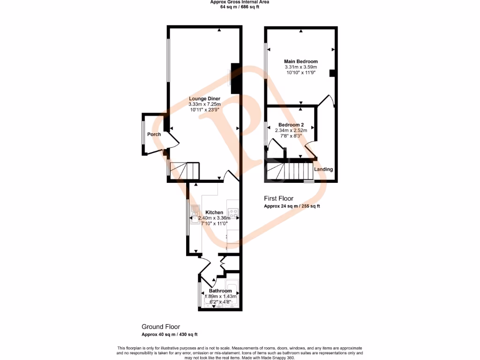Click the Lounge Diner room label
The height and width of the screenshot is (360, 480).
[x=204, y=98]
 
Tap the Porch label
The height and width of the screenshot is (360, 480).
[x=154, y=135]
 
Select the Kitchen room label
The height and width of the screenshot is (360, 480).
[x=214, y=212]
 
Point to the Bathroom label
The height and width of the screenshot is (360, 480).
[x=220, y=291]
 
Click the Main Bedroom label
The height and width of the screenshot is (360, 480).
[x=301, y=61]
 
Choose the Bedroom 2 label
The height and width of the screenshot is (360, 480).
[x=291, y=125]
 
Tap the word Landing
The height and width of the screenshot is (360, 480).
[x=323, y=169]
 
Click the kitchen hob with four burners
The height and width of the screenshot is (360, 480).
[x=232, y=214]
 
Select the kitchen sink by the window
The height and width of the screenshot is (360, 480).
[x=195, y=217]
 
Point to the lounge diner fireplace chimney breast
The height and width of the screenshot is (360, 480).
[x=236, y=78]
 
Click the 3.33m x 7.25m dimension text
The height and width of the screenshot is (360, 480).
[x=204, y=104]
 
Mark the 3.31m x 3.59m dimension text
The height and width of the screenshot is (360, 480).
[x=301, y=67]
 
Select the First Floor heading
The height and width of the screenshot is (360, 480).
[x=278, y=199]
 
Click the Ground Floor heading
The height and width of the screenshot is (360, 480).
[x=161, y=327]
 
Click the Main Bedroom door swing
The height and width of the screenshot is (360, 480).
[x=326, y=100]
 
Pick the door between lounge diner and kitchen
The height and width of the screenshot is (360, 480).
[x=232, y=176]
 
